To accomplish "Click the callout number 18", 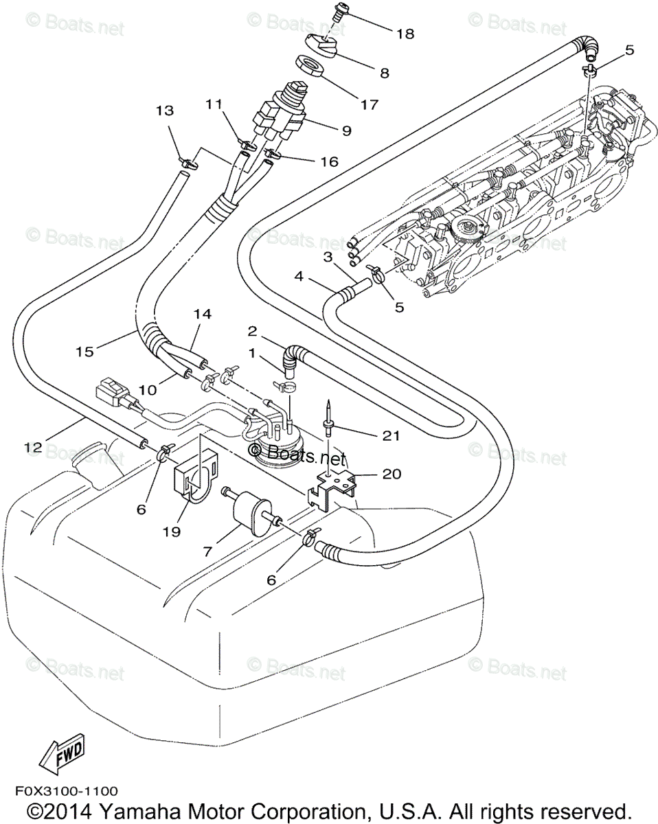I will pos(405,33).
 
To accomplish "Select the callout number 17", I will pos(369,105).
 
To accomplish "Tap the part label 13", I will pos(165,110).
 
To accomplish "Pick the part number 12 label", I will pos(33,448).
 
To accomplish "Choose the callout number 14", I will pos(201,313).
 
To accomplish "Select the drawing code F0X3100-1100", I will pos(63,792).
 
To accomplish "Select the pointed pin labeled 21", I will pos(329,418).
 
